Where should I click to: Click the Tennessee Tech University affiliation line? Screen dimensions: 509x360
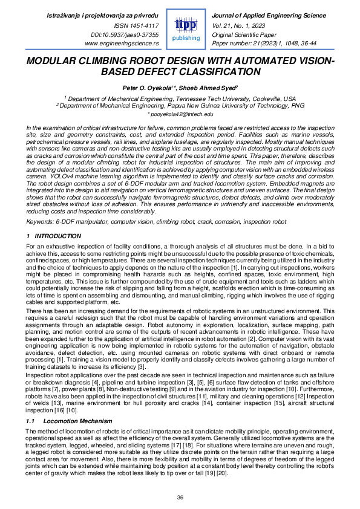pyautogui.click(x=180, y=98)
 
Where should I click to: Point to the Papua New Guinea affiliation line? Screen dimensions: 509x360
pyautogui.click(x=180, y=105)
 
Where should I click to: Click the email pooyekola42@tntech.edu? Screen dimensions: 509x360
pyautogui.click(x=180, y=114)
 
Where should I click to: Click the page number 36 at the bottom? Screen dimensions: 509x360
pyautogui.click(x=180, y=497)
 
